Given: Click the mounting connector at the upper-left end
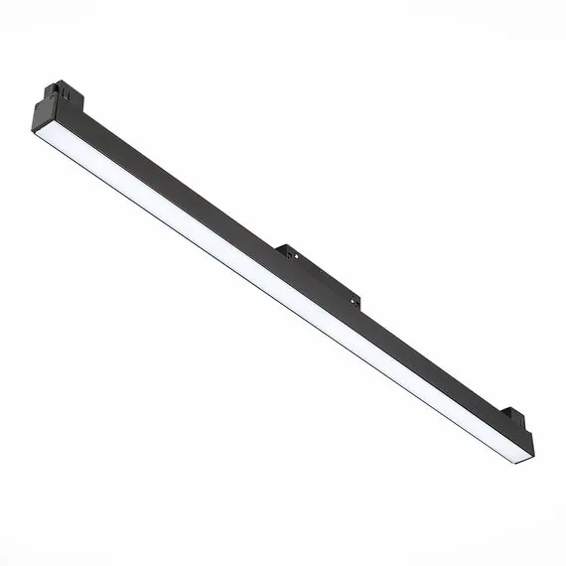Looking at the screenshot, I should click(x=61, y=96).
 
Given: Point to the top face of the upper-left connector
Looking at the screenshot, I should click(x=66, y=88).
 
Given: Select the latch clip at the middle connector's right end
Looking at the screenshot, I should click(x=354, y=300).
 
